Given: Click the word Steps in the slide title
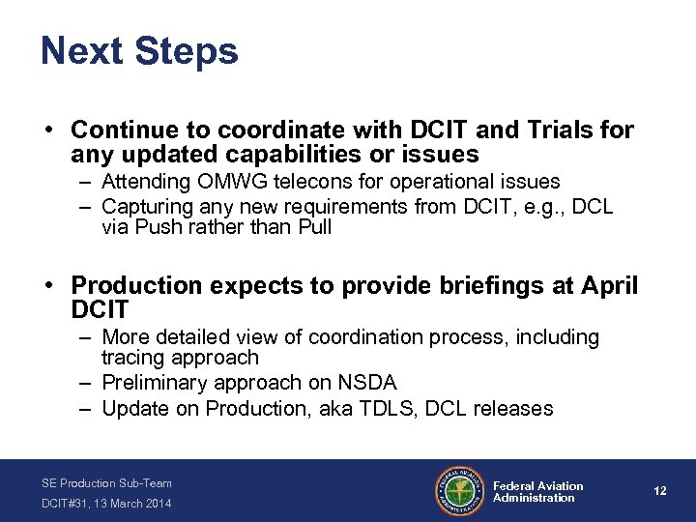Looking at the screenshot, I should [x=186, y=52].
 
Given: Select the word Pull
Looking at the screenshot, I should [x=312, y=228].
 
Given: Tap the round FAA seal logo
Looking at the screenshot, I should [x=460, y=491].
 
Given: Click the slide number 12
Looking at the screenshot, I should [x=659, y=491].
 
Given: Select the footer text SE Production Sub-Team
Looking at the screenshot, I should [x=106, y=482].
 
